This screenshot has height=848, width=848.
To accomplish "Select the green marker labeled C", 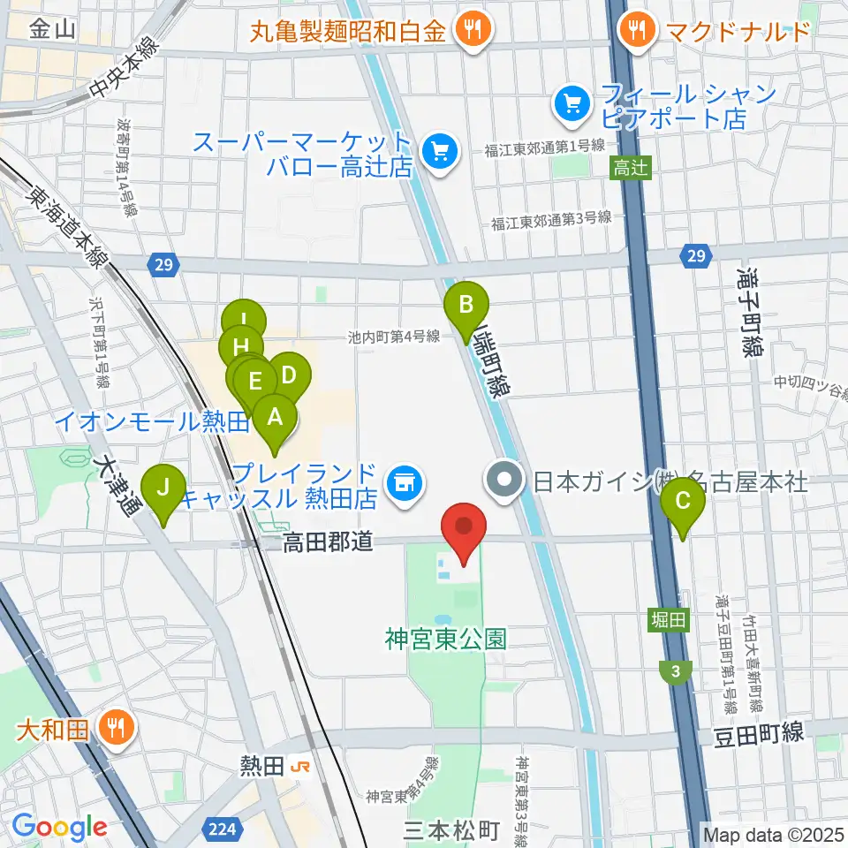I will pos(683,502).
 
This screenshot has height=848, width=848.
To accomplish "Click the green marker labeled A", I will pos(275,416).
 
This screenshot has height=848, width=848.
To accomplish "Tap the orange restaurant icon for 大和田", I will pos(117,730).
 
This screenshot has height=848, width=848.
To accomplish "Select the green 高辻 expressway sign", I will pos(630,168).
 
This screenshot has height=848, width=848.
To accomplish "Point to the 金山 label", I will pos(51,31).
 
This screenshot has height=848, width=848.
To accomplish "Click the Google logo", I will pos(59,827).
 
